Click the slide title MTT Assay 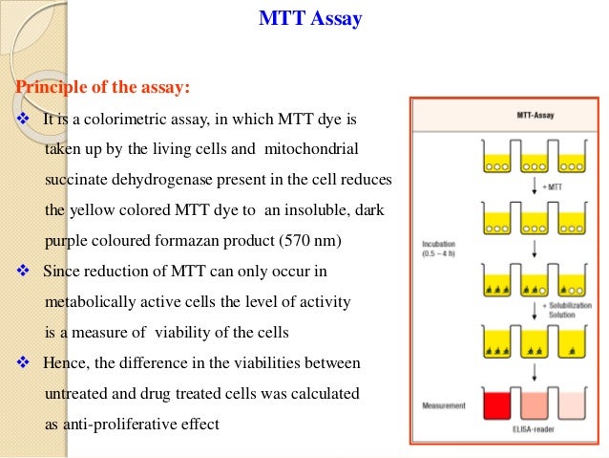click(310, 19)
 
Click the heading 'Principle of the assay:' click(102, 89)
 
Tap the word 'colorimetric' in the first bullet click(122, 120)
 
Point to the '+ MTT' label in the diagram click(552, 186)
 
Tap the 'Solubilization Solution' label click(562, 311)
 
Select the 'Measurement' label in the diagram click(443, 405)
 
